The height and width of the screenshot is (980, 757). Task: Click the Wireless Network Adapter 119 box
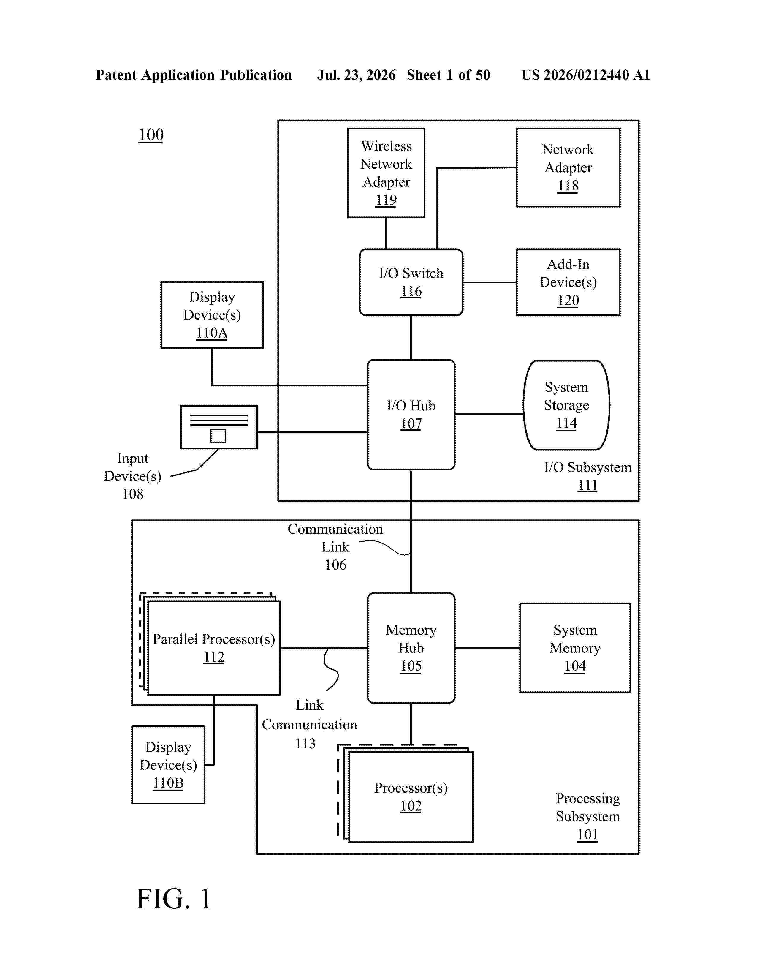tap(386, 173)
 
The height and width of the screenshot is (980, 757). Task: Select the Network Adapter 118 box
tap(568, 168)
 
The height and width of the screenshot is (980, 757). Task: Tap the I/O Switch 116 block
tap(411, 282)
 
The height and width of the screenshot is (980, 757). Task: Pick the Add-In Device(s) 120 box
tap(568, 282)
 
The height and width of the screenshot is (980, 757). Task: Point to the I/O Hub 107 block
tap(411, 415)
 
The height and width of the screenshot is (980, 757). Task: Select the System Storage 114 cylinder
tap(566, 405)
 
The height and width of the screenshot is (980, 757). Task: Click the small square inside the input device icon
tap(218, 436)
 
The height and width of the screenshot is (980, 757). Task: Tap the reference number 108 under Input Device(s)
tap(133, 494)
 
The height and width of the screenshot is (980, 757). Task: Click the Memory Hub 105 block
tap(411, 648)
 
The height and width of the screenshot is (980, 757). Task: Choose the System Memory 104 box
tap(575, 648)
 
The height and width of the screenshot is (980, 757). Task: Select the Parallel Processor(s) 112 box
tap(214, 648)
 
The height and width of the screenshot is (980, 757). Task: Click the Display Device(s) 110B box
tap(168, 765)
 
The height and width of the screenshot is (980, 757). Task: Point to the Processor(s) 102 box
tap(411, 797)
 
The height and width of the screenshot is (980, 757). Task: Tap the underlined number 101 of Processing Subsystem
tap(587, 834)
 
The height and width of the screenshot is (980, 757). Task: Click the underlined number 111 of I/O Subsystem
tap(587, 486)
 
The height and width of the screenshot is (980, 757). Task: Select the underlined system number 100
tap(151, 135)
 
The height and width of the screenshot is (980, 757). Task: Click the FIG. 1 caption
tap(174, 899)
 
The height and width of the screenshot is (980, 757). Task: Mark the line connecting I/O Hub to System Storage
tap(489, 414)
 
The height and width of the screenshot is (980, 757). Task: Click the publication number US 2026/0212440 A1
tap(586, 75)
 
